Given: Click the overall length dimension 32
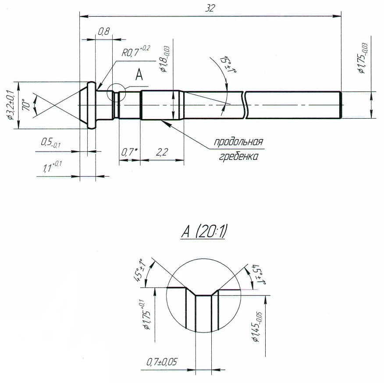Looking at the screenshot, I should point(210,8).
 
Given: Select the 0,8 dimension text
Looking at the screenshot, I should point(103,31).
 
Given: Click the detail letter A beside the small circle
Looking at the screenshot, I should point(139,75).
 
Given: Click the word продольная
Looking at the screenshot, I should point(238,142).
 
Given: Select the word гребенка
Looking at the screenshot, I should point(238,156).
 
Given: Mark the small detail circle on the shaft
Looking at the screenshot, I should point(118,92).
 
